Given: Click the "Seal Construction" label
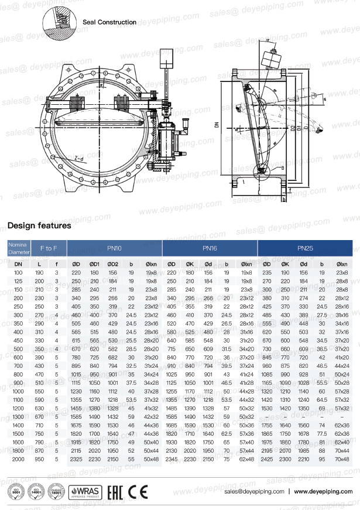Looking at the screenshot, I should [109, 22].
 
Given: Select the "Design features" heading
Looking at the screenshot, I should [39, 225].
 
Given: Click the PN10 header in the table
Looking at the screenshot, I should [114, 249].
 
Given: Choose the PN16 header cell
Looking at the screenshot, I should [210, 249].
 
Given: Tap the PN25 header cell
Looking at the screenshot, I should [305, 249].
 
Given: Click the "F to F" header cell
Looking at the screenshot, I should [49, 249].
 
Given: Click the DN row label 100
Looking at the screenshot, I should [18, 273].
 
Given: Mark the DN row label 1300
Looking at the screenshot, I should [18, 416].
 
